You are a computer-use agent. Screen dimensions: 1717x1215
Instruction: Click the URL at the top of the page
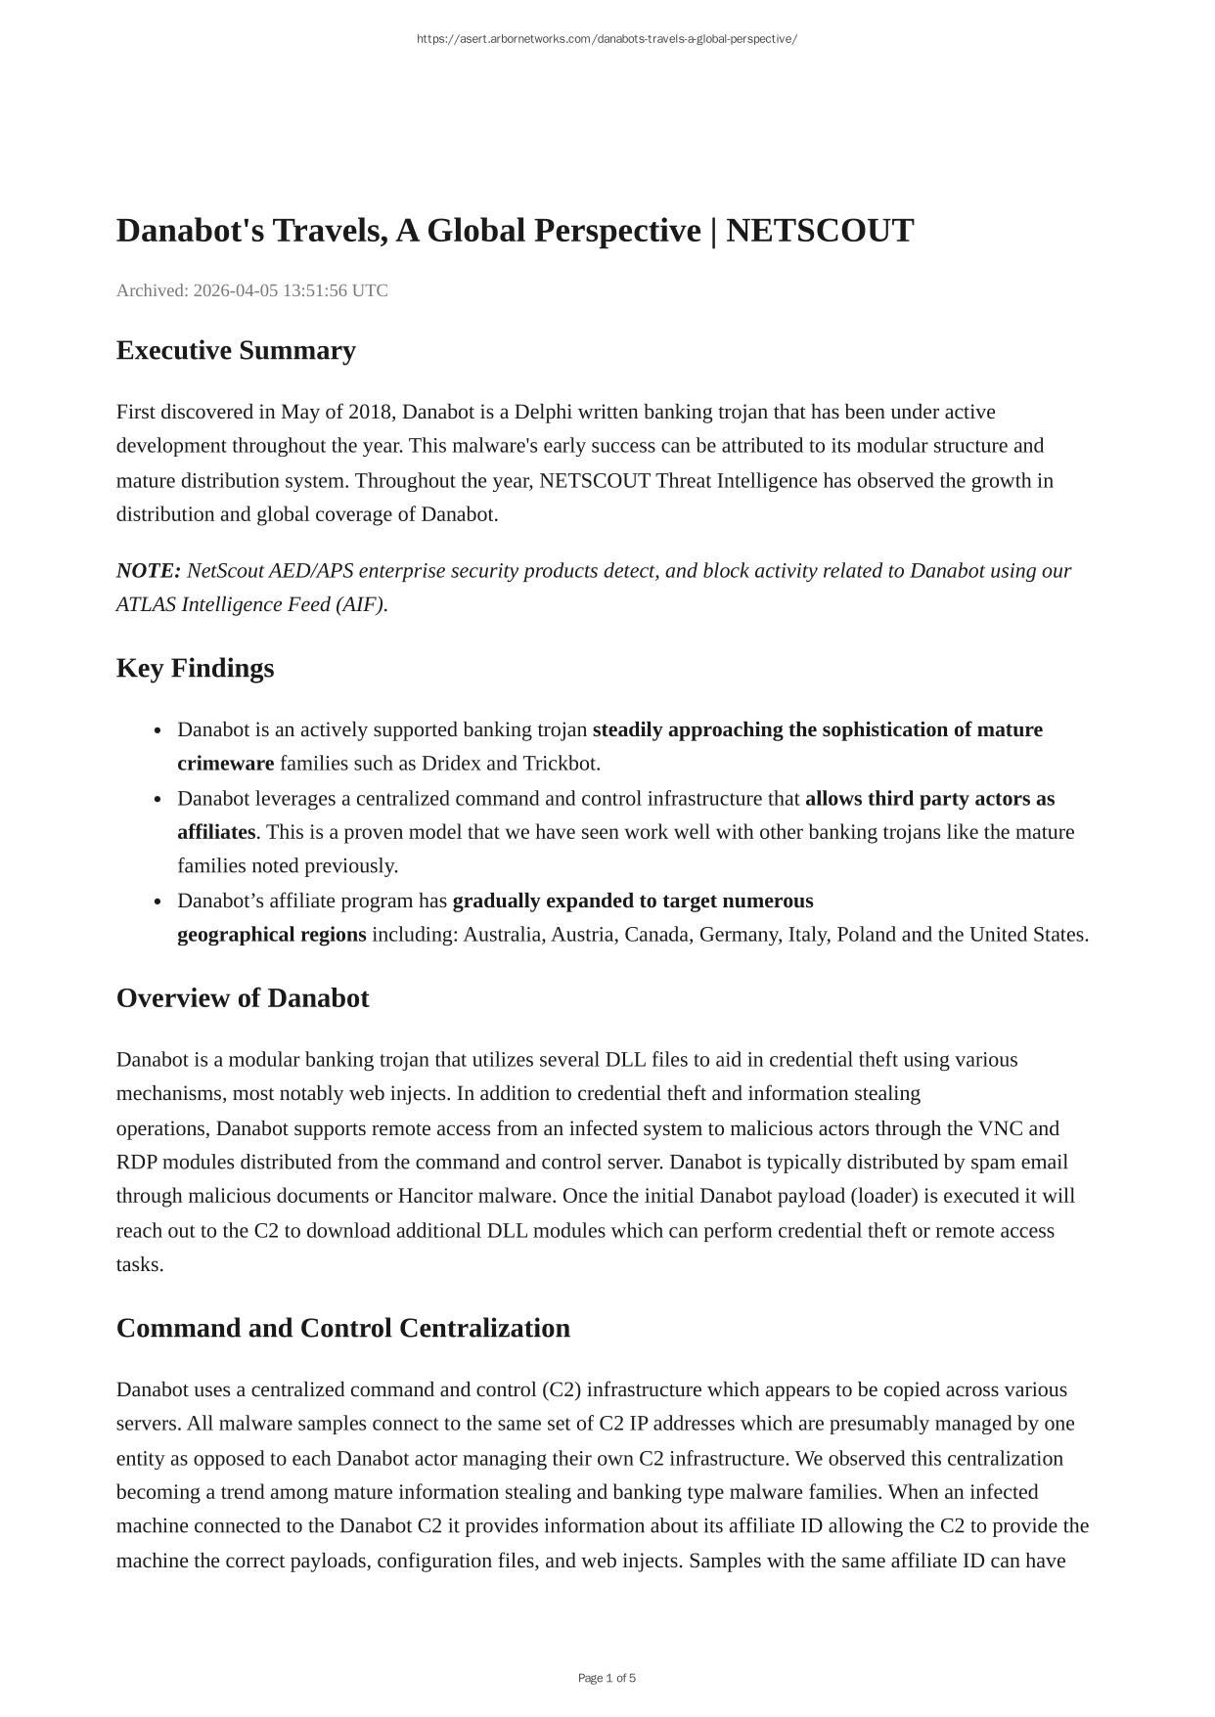[x=607, y=39]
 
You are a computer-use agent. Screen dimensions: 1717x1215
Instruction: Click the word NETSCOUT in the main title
[x=820, y=231]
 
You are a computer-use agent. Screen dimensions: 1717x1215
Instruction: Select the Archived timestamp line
[x=252, y=290]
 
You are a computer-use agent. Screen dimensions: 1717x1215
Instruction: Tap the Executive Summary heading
[x=236, y=350]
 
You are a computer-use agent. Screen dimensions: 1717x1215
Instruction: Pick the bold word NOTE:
[x=149, y=571]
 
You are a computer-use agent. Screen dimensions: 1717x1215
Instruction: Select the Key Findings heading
[x=196, y=668]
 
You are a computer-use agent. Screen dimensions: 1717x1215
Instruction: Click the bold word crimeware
[x=226, y=764]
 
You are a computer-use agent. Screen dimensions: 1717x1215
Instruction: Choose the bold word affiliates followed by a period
[x=216, y=832]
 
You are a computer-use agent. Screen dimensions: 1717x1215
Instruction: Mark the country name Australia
[x=504, y=935]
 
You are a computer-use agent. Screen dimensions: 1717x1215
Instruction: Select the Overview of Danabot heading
[x=243, y=998]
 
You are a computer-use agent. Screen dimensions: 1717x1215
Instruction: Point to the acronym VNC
[x=1000, y=1128]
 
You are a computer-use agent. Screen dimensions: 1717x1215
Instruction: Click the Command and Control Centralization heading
[x=343, y=1328]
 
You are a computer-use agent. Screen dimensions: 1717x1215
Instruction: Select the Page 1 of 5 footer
[x=607, y=1678]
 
